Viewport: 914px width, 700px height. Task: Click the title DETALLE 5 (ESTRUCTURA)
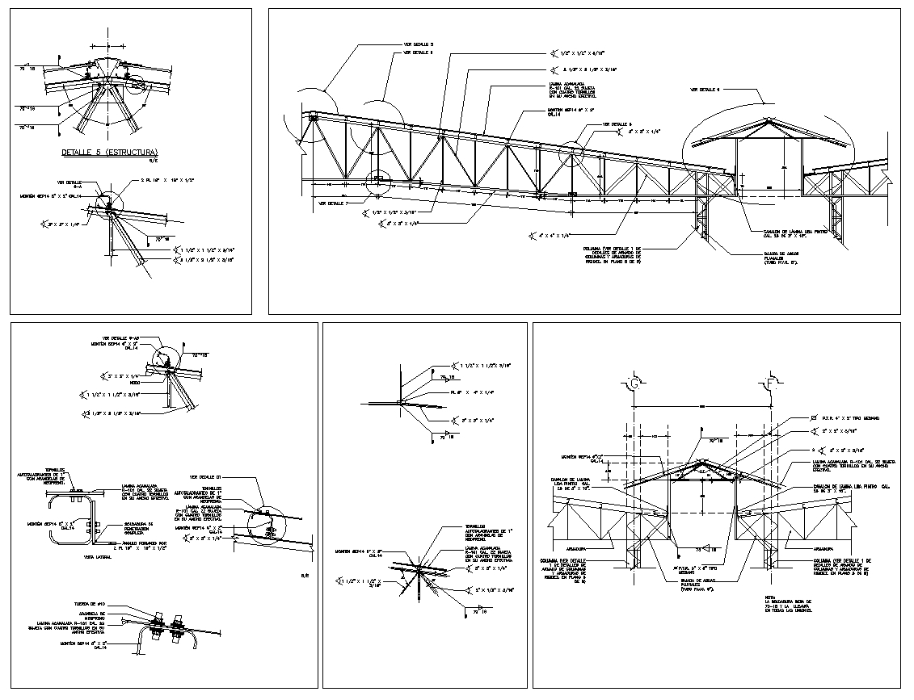109,152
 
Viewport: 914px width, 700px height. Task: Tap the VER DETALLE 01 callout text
207,476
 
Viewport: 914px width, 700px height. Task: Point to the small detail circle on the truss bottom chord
377,182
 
